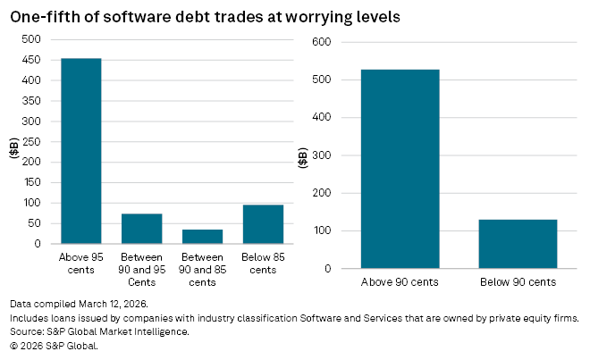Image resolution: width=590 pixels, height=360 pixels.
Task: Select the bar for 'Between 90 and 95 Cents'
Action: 141,228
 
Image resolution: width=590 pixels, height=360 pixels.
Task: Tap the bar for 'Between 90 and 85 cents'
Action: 202,236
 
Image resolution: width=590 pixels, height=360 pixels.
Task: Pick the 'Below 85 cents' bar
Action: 263,223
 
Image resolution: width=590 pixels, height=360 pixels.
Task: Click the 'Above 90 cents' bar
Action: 400,169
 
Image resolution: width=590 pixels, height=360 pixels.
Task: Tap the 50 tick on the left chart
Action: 34,223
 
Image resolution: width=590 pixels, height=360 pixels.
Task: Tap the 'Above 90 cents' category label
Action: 400,282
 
